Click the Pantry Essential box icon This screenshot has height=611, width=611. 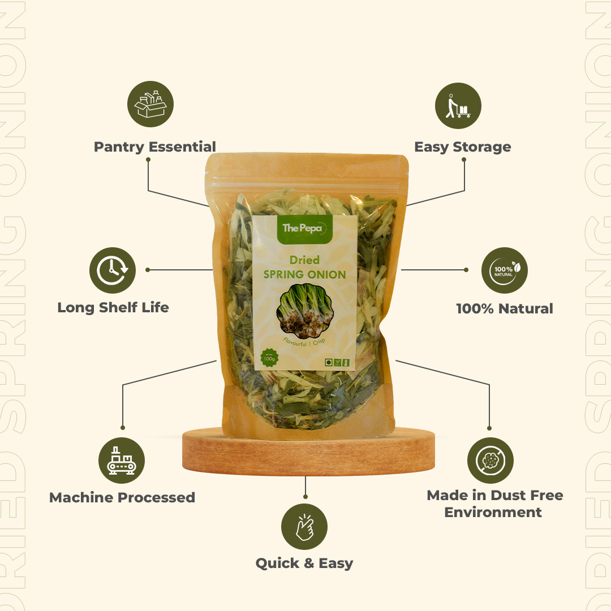pos(150,104)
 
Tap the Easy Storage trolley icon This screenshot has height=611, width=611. pos(458,106)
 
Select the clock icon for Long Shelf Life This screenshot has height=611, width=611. pos(112,270)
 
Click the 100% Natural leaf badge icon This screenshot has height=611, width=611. pos(504,270)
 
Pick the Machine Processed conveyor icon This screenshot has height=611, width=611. pos(122,460)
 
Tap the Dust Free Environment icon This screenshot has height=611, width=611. pos(490,460)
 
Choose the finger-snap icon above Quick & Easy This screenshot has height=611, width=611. pos(304,527)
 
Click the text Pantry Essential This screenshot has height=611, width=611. pos(154,147)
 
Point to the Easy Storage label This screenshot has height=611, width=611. pos(462,147)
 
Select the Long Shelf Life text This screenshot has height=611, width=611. pos(113,308)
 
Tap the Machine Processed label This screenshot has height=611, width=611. pos(122,498)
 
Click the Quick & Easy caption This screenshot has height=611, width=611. pos(304,563)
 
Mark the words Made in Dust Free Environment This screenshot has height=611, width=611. pos(494,504)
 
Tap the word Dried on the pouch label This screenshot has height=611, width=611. pos(304,260)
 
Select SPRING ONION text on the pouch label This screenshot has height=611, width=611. pos(305,275)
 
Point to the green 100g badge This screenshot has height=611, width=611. pos(269,358)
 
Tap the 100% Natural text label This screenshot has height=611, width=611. pos(505,309)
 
